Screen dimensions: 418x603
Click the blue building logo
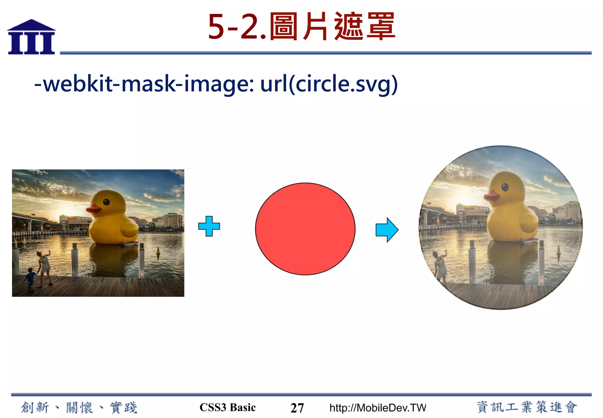[x=32, y=37]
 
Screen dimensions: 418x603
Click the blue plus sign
[x=209, y=226]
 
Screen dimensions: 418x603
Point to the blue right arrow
[x=387, y=230]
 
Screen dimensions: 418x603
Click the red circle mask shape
[x=305, y=229]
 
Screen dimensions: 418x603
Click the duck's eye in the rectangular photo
[x=106, y=202]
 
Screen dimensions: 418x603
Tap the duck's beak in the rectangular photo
[x=94, y=209]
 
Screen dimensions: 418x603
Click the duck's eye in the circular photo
[x=505, y=187]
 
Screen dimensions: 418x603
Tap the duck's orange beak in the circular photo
[x=492, y=195]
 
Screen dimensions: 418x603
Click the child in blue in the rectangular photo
[x=30, y=278]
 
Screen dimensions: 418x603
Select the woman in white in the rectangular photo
[x=44, y=267]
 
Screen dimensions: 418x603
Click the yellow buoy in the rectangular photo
[x=158, y=251]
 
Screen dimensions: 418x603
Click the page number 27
[x=297, y=408]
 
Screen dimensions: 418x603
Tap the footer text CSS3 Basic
[x=228, y=407]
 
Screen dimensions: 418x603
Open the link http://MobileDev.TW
[x=377, y=408]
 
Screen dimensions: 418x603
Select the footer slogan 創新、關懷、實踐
[x=79, y=408]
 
